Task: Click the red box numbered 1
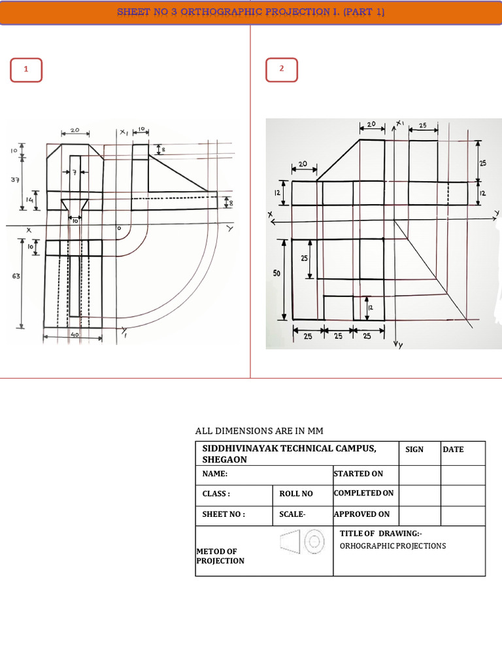pyautogui.click(x=26, y=70)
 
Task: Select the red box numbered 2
pyautogui.click(x=282, y=70)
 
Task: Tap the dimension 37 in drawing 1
pyautogui.click(x=15, y=179)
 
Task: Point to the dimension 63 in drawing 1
pyautogui.click(x=15, y=276)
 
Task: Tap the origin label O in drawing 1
pyautogui.click(x=119, y=228)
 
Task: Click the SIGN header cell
pyautogui.click(x=414, y=450)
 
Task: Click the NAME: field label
pyautogui.click(x=215, y=474)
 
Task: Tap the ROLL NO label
pyautogui.click(x=296, y=494)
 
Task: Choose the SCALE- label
pyautogui.click(x=292, y=514)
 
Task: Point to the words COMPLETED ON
pyautogui.click(x=364, y=493)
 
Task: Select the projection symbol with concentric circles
pyautogui.click(x=303, y=542)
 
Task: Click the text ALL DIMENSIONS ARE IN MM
pyautogui.click(x=259, y=431)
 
